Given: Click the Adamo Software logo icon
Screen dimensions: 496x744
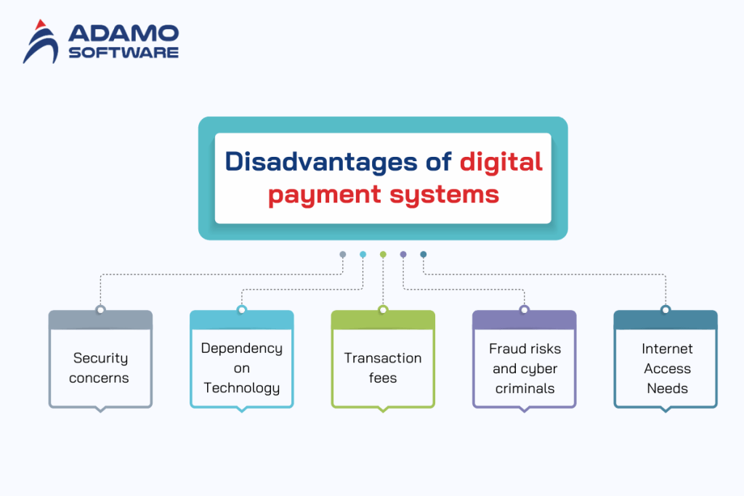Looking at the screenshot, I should tap(41, 42).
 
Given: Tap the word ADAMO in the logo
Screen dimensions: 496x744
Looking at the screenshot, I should tap(123, 33).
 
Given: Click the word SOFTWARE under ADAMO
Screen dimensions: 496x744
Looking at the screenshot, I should tap(123, 52).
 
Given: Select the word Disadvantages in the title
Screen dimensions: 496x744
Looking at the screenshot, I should tap(320, 161).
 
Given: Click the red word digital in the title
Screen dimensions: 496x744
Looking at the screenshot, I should tap(501, 161).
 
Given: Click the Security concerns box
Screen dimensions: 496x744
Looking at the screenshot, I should tap(100, 367).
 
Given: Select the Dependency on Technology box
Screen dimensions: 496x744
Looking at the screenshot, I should tap(242, 367).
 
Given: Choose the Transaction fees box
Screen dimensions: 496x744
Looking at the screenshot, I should tap(383, 367).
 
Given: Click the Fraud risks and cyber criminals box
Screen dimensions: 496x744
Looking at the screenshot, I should tap(525, 367).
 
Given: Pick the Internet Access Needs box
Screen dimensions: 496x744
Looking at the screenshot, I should tap(666, 367).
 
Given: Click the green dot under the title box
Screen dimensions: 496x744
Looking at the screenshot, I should tap(383, 254).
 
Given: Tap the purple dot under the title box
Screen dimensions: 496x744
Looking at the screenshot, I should tap(403, 254).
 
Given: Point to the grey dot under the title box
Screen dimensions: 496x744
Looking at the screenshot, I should tap(343, 254).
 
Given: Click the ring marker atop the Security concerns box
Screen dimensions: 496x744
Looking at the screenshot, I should tap(100, 310).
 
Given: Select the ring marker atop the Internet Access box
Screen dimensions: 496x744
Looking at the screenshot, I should tap(666, 310).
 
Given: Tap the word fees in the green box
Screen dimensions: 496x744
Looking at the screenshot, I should tap(383, 378).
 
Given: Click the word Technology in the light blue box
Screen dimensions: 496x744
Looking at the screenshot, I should tap(242, 388).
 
